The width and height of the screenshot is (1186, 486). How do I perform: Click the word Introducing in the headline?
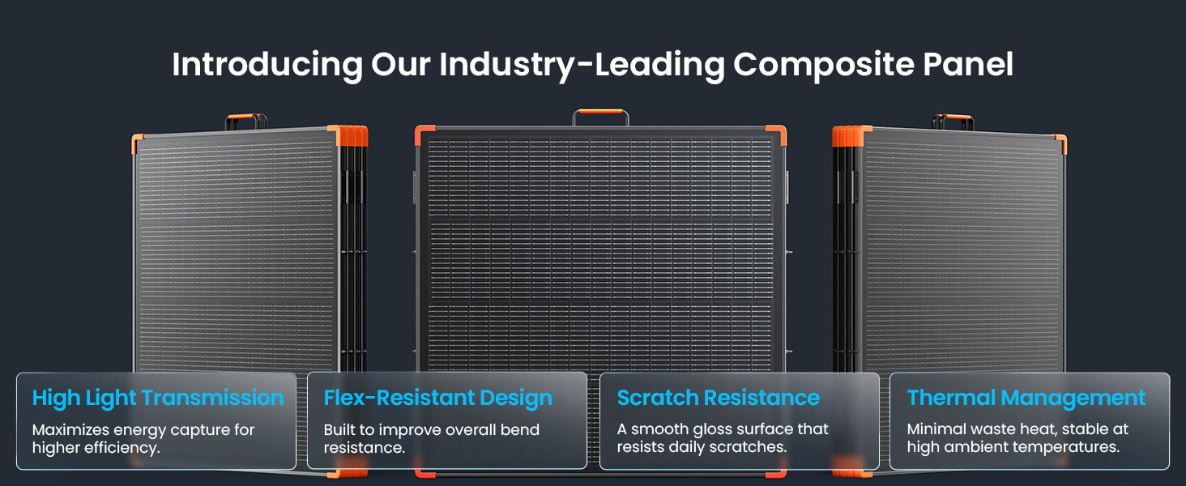click(x=267, y=65)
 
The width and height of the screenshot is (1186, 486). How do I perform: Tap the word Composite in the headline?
click(x=823, y=65)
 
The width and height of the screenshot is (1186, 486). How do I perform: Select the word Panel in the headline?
click(x=968, y=64)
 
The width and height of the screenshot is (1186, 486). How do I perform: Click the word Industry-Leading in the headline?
click(x=582, y=65)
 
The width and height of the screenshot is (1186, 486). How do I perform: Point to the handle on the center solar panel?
click(x=600, y=113)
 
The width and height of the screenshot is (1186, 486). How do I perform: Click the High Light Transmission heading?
click(x=158, y=399)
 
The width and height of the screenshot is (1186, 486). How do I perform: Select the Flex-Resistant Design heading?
click(x=438, y=399)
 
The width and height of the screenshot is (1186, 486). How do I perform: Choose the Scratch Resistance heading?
click(x=718, y=398)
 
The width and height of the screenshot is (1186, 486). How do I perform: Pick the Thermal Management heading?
click(x=1026, y=399)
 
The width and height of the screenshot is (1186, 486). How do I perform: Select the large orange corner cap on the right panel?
click(x=851, y=136)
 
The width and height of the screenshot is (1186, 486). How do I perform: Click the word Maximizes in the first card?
click(x=70, y=429)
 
